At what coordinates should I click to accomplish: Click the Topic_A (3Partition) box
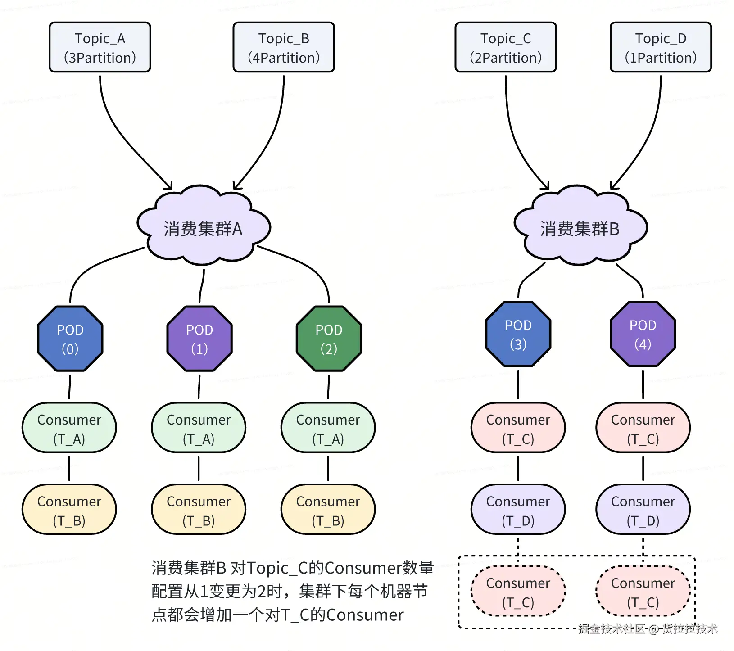[x=100, y=47]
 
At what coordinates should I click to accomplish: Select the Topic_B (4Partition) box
[x=284, y=47]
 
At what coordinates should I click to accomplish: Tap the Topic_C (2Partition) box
[x=506, y=47]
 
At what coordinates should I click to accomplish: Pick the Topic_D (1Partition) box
[x=661, y=47]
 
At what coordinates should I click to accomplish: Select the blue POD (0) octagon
[x=70, y=339]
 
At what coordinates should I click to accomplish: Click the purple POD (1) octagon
[x=199, y=339]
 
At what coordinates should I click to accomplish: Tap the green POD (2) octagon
[x=329, y=339]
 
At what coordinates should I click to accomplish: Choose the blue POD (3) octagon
[x=518, y=334]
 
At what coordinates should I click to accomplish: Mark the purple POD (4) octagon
[x=643, y=334]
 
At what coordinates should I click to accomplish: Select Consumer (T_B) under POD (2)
[x=328, y=510]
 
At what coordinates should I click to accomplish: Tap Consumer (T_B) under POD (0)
[x=69, y=510]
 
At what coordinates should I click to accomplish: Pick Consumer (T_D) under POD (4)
[x=643, y=510]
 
